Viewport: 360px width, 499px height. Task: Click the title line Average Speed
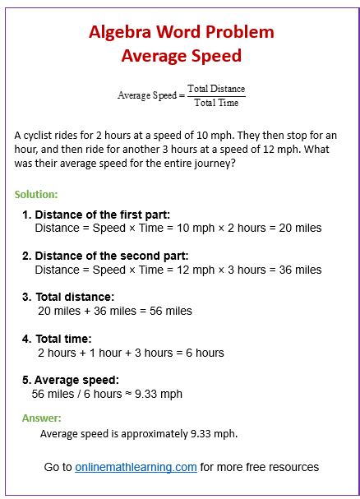pos(181,56)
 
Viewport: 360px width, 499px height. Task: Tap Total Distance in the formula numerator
pos(216,89)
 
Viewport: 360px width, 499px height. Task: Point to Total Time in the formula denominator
pos(216,103)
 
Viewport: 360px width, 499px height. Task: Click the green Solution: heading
pos(36,195)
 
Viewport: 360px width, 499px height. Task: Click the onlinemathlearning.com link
pos(136,467)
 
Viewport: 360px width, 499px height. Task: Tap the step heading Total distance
pos(75,297)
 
